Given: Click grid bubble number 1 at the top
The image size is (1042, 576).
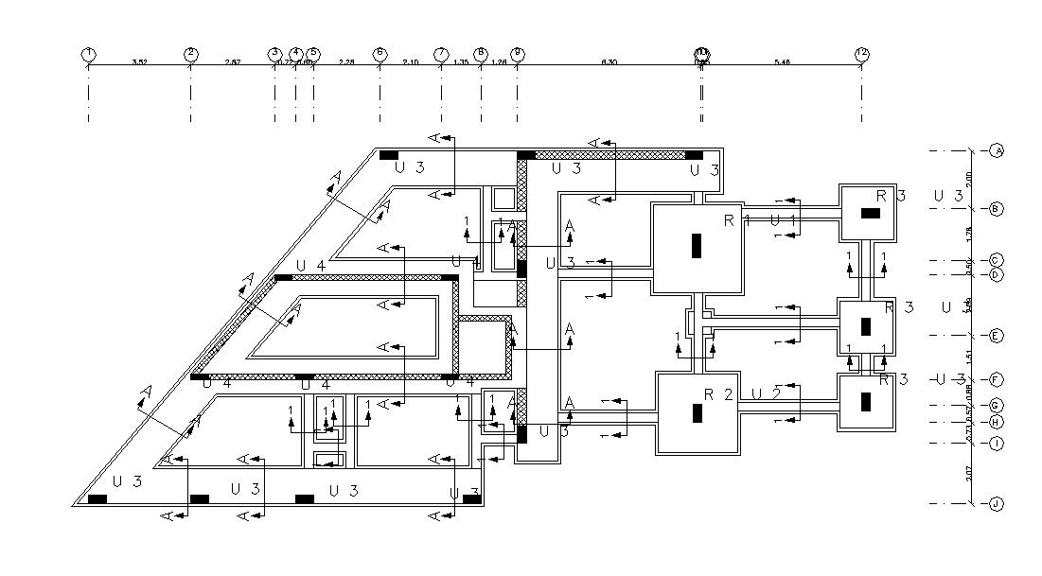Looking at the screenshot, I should pyautogui.click(x=88, y=54).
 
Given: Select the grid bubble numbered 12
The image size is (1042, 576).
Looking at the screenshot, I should pyautogui.click(x=861, y=54).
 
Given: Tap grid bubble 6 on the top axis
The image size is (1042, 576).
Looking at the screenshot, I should pyautogui.click(x=380, y=54).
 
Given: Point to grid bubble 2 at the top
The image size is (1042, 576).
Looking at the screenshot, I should pyautogui.click(x=190, y=54).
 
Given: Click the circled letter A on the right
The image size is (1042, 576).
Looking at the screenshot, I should pyautogui.click(x=997, y=150).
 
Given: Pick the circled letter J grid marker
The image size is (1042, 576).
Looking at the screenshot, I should pyautogui.click(x=997, y=504).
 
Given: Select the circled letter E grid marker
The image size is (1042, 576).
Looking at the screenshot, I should pyautogui.click(x=997, y=336).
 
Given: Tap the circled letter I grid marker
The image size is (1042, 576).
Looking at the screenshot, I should pyautogui.click(x=997, y=443).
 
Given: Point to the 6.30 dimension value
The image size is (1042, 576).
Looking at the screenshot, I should pyautogui.click(x=609, y=61).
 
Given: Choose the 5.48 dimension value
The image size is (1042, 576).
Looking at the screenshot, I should pyautogui.click(x=782, y=61).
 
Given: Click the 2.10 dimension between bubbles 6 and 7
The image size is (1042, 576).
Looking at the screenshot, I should pyautogui.click(x=410, y=61).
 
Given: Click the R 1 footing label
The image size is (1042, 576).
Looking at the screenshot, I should pyautogui.click(x=734, y=221).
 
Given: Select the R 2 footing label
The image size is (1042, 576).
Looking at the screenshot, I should pyautogui.click(x=718, y=394).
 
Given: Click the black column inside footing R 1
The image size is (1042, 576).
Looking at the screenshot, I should pyautogui.click(x=697, y=245).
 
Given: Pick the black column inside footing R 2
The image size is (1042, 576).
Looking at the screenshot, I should pyautogui.click(x=698, y=412).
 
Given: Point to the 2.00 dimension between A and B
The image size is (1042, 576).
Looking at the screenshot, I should pyautogui.click(x=968, y=179).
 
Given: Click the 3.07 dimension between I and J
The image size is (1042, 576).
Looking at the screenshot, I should pyautogui.click(x=968, y=473).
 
